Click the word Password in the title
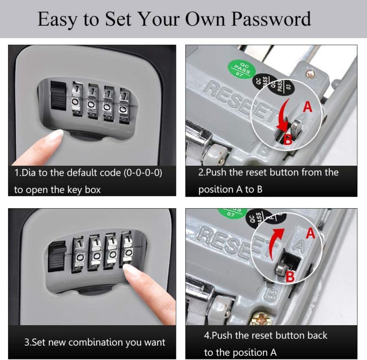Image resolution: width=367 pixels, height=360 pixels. tap(271, 19)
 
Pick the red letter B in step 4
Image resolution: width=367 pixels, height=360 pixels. tap(290, 275)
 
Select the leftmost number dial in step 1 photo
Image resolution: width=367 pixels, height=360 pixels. tap(78, 101)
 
